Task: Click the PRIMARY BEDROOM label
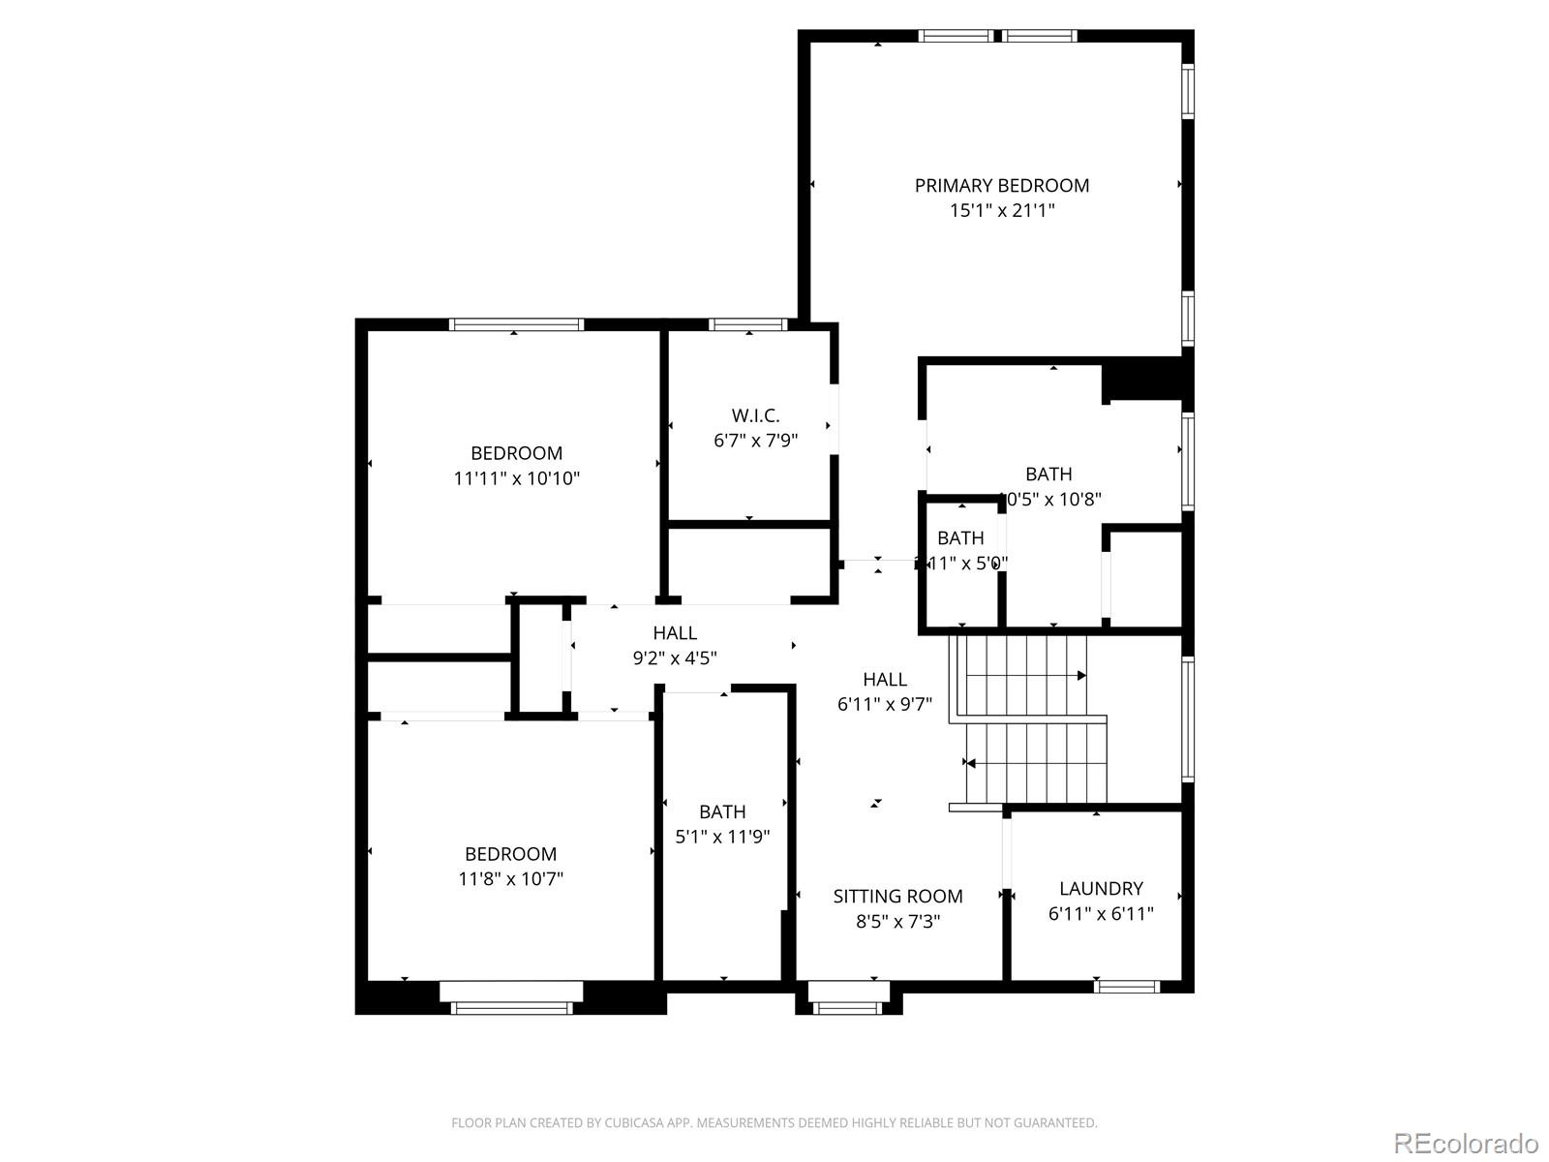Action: (1002, 185)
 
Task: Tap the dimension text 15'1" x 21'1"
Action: (1002, 210)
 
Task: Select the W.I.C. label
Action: (755, 415)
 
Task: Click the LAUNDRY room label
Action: (1101, 888)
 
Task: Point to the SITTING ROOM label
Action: (897, 896)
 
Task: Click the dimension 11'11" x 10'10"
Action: (516, 477)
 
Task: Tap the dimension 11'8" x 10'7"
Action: (510, 878)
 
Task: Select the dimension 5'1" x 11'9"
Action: (722, 836)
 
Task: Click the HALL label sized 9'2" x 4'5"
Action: (675, 633)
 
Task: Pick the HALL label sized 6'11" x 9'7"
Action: (885, 680)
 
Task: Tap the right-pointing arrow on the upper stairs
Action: (1081, 675)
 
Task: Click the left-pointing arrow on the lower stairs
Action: (970, 763)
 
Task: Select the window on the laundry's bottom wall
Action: (1127, 987)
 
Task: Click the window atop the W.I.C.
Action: (747, 324)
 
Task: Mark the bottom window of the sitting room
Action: (848, 1007)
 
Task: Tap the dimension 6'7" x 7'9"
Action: (755, 441)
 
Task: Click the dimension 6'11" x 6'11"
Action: (1101, 913)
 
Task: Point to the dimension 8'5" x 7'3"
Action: (897, 921)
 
